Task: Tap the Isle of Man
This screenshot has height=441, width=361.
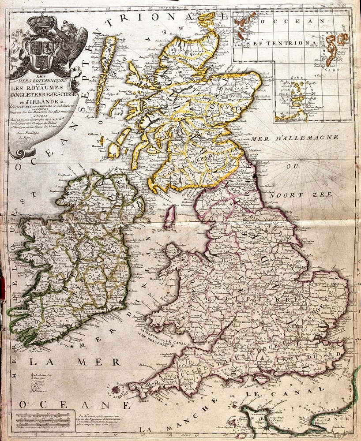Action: (x=169, y=216)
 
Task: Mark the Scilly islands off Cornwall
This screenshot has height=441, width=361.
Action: (x=116, y=390)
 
